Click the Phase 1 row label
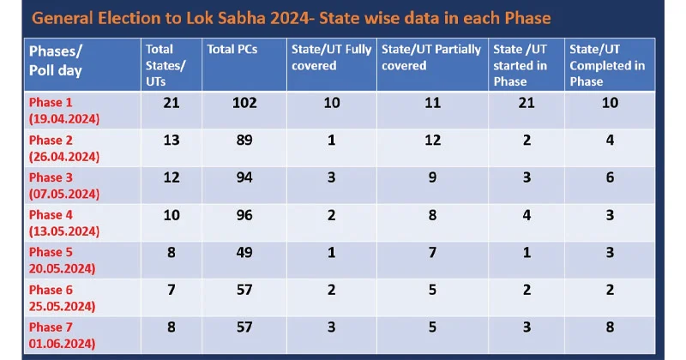tap(64, 111)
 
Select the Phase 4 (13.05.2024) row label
tap(64, 221)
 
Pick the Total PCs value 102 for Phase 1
tap(244, 104)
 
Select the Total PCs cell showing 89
tap(244, 141)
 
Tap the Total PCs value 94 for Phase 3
tap(244, 177)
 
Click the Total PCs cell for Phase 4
tap(244, 215)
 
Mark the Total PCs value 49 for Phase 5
tap(244, 253)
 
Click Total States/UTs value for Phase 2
tap(171, 141)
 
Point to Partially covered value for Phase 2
tap(431, 141)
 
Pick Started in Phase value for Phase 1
tap(527, 104)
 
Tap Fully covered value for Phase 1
tap(331, 104)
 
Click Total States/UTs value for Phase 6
tap(171, 290)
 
